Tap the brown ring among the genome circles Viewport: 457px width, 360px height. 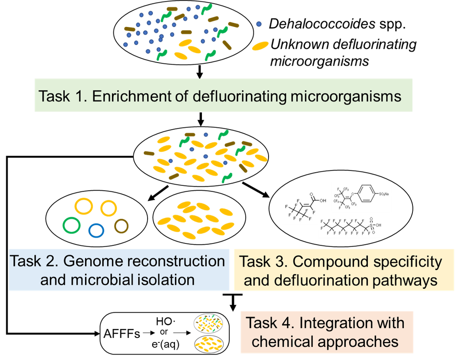pyautogui.click(x=121, y=225)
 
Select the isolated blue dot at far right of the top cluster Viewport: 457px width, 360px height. pyautogui.click(x=259, y=24)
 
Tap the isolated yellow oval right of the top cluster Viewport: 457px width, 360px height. pyautogui.click(x=260, y=45)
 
